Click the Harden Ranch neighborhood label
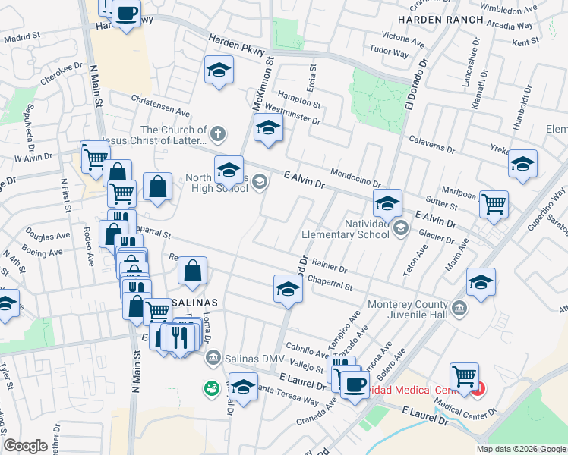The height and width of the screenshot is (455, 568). (x=440, y=20)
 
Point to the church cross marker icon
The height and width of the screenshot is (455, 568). (x=218, y=135)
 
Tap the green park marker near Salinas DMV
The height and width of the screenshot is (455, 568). (x=210, y=388)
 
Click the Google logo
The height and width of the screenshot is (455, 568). (x=25, y=446)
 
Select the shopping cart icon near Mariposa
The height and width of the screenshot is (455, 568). (x=494, y=205)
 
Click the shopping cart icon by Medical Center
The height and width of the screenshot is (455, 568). (x=464, y=375)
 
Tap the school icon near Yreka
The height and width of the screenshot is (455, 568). (x=522, y=165)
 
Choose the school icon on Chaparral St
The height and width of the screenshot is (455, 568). (x=288, y=290)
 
